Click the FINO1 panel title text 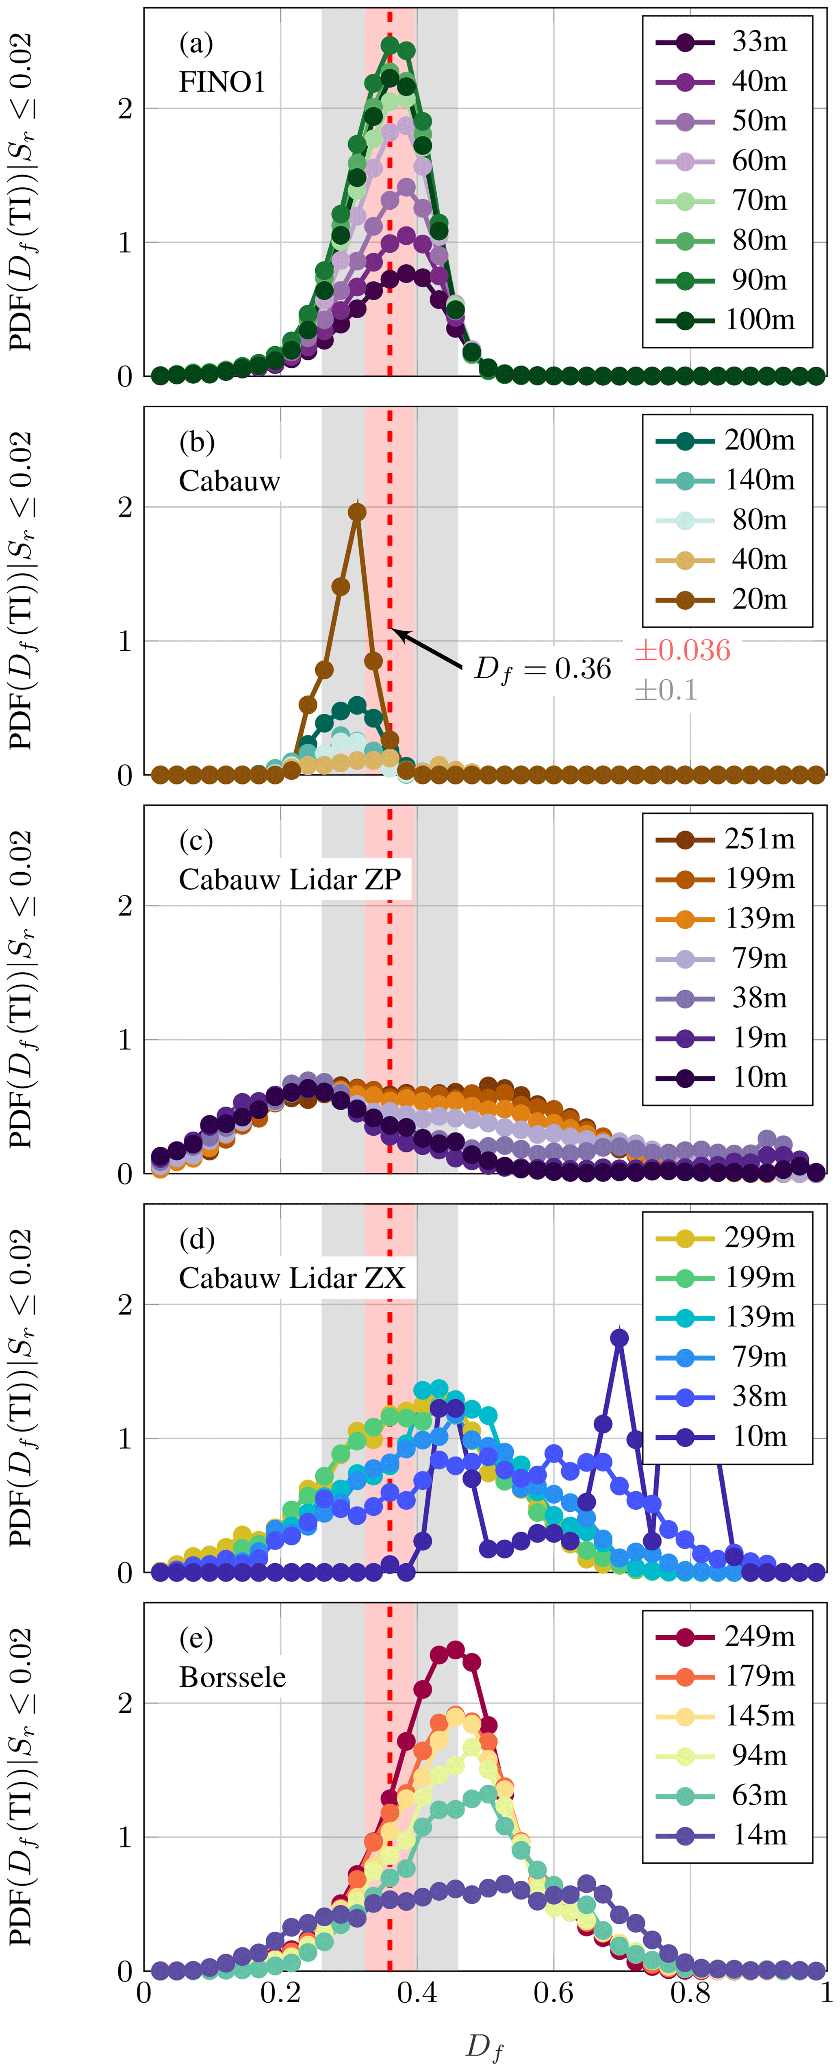(x=222, y=82)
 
